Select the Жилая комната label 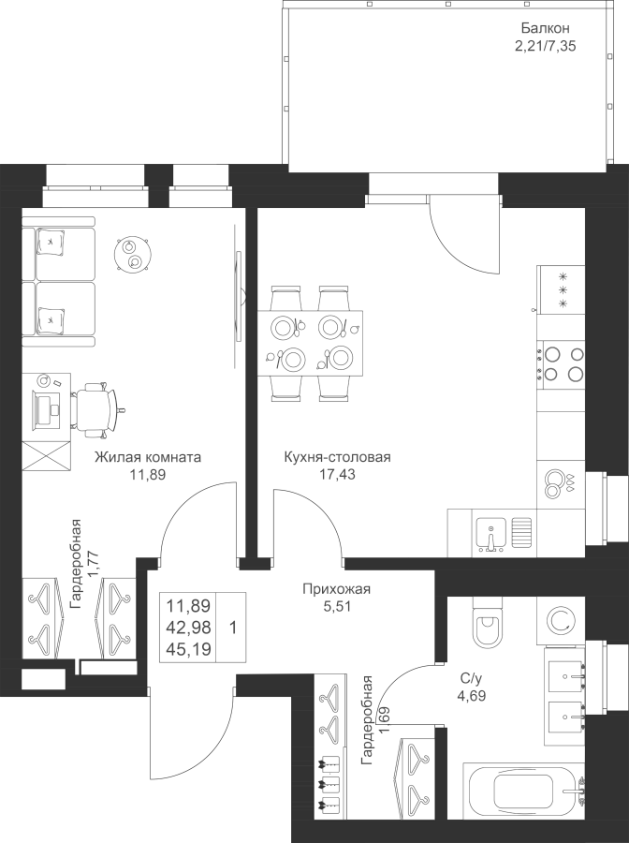[148, 458]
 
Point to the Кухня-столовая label [337, 458]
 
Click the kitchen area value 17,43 [337, 475]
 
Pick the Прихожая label [337, 589]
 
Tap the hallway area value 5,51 [337, 606]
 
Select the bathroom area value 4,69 [470, 696]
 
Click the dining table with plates [312, 342]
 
